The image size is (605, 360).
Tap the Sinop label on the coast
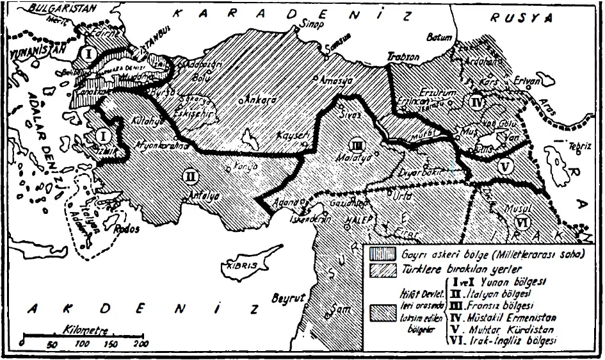pos(306,28)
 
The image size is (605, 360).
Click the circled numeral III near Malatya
pos(357,143)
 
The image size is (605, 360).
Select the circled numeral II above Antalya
pos(191,174)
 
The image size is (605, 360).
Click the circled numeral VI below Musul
pos(522,222)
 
